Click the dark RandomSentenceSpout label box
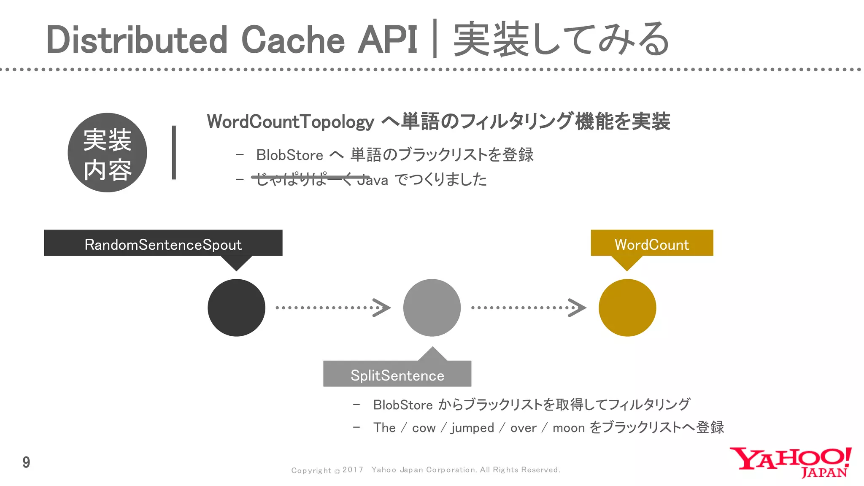[163, 243]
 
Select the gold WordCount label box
[652, 243]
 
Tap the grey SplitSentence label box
[397, 374]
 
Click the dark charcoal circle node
[236, 308]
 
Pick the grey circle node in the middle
[432, 308]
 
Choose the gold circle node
[627, 308]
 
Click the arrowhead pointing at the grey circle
[382, 308]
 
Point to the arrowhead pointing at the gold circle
[577, 308]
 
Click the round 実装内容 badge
[107, 153]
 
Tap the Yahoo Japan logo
[790, 462]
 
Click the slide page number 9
[26, 462]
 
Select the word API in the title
[387, 40]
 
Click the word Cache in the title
[293, 40]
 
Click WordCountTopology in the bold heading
[290, 122]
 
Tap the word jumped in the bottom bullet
[472, 428]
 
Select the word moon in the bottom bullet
[568, 428]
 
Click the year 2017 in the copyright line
[353, 470]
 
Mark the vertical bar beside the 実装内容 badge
[174, 152]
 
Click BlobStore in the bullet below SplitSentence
[402, 405]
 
